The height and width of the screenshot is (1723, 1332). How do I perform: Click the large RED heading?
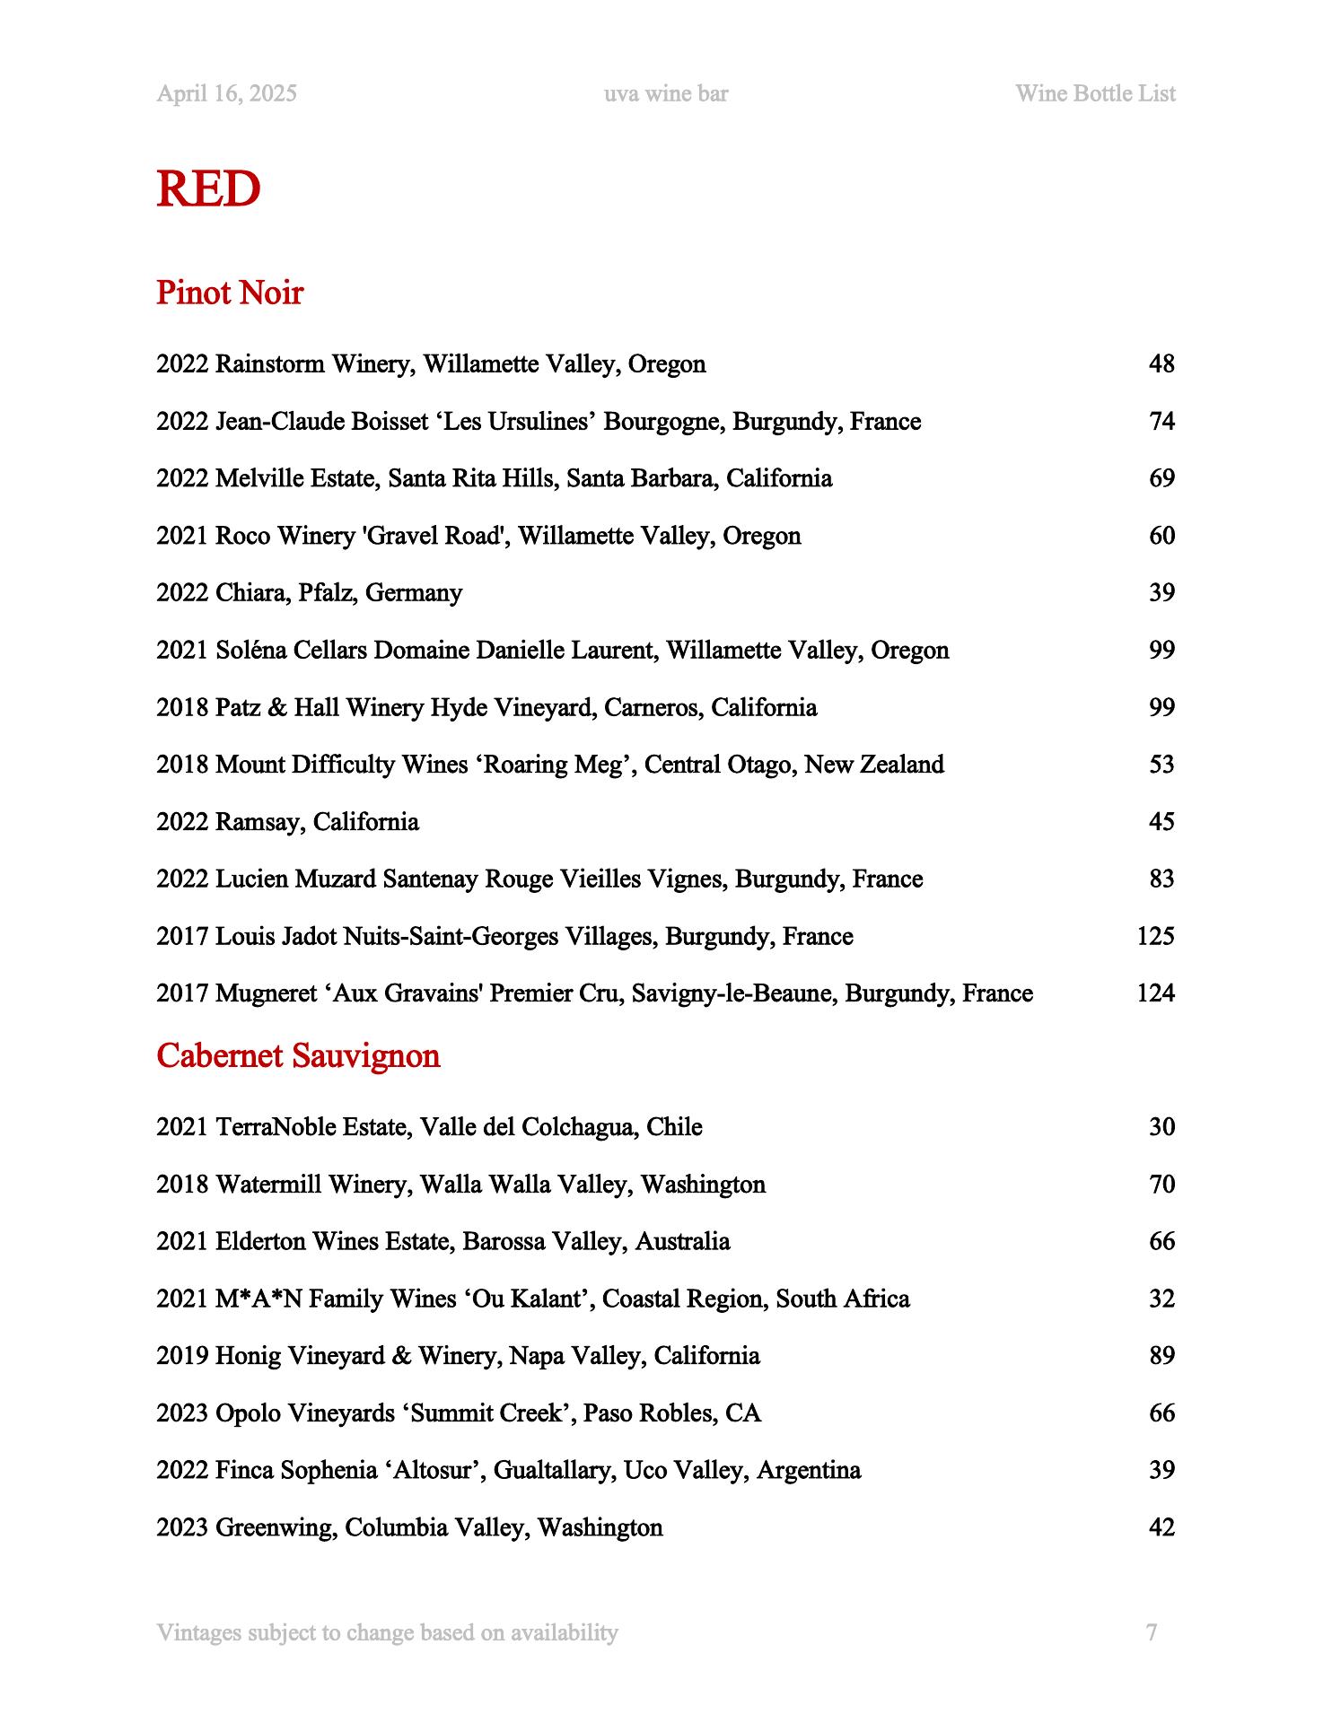pyautogui.click(x=208, y=189)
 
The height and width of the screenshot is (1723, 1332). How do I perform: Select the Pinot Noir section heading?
pyautogui.click(x=230, y=293)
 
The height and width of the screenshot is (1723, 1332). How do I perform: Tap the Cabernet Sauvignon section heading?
pyautogui.click(x=298, y=1056)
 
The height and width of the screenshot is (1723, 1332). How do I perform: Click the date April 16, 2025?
pyautogui.click(x=226, y=94)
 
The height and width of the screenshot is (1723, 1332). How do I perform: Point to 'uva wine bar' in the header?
pyautogui.click(x=666, y=94)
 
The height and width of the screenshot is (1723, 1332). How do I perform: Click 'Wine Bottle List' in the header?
pyautogui.click(x=1095, y=94)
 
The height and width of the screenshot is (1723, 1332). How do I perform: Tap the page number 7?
pyautogui.click(x=1152, y=1632)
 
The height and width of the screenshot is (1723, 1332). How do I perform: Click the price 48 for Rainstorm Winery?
pyautogui.click(x=1161, y=364)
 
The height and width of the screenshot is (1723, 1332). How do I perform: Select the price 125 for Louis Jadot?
pyautogui.click(x=1155, y=937)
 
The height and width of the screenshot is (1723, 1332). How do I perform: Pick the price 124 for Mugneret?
pyautogui.click(x=1155, y=993)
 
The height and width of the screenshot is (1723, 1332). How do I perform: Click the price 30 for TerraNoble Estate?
pyautogui.click(x=1161, y=1127)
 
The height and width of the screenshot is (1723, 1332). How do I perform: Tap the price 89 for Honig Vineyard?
pyautogui.click(x=1161, y=1356)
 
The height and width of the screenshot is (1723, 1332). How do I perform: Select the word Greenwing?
pyautogui.click(x=276, y=1527)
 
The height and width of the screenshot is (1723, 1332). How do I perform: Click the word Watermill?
pyautogui.click(x=268, y=1185)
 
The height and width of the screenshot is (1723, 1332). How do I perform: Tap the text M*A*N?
pyautogui.click(x=259, y=1299)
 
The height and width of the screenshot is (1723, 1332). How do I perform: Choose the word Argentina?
pyautogui.click(x=809, y=1471)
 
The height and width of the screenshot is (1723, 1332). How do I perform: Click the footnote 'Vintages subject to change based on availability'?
pyautogui.click(x=387, y=1632)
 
